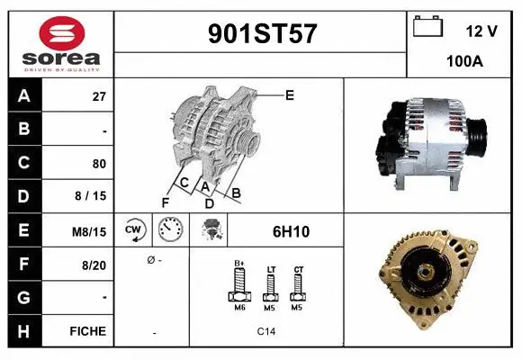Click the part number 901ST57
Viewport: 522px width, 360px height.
262,34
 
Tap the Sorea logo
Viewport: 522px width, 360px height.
59,43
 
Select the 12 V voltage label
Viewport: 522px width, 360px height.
481,31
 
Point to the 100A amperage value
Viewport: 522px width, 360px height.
463,63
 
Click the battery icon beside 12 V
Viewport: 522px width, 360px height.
426,27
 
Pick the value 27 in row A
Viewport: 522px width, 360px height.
99,97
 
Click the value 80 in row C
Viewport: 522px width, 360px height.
99,164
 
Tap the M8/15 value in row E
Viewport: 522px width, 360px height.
89,231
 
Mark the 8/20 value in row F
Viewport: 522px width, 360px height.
93,265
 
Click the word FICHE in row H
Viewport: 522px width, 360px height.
87,331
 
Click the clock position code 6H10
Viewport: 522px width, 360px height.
291,231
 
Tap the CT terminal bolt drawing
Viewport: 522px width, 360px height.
298,286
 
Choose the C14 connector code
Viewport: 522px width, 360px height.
266,331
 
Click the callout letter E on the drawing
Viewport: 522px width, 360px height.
290,94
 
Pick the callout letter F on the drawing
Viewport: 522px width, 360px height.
165,202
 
